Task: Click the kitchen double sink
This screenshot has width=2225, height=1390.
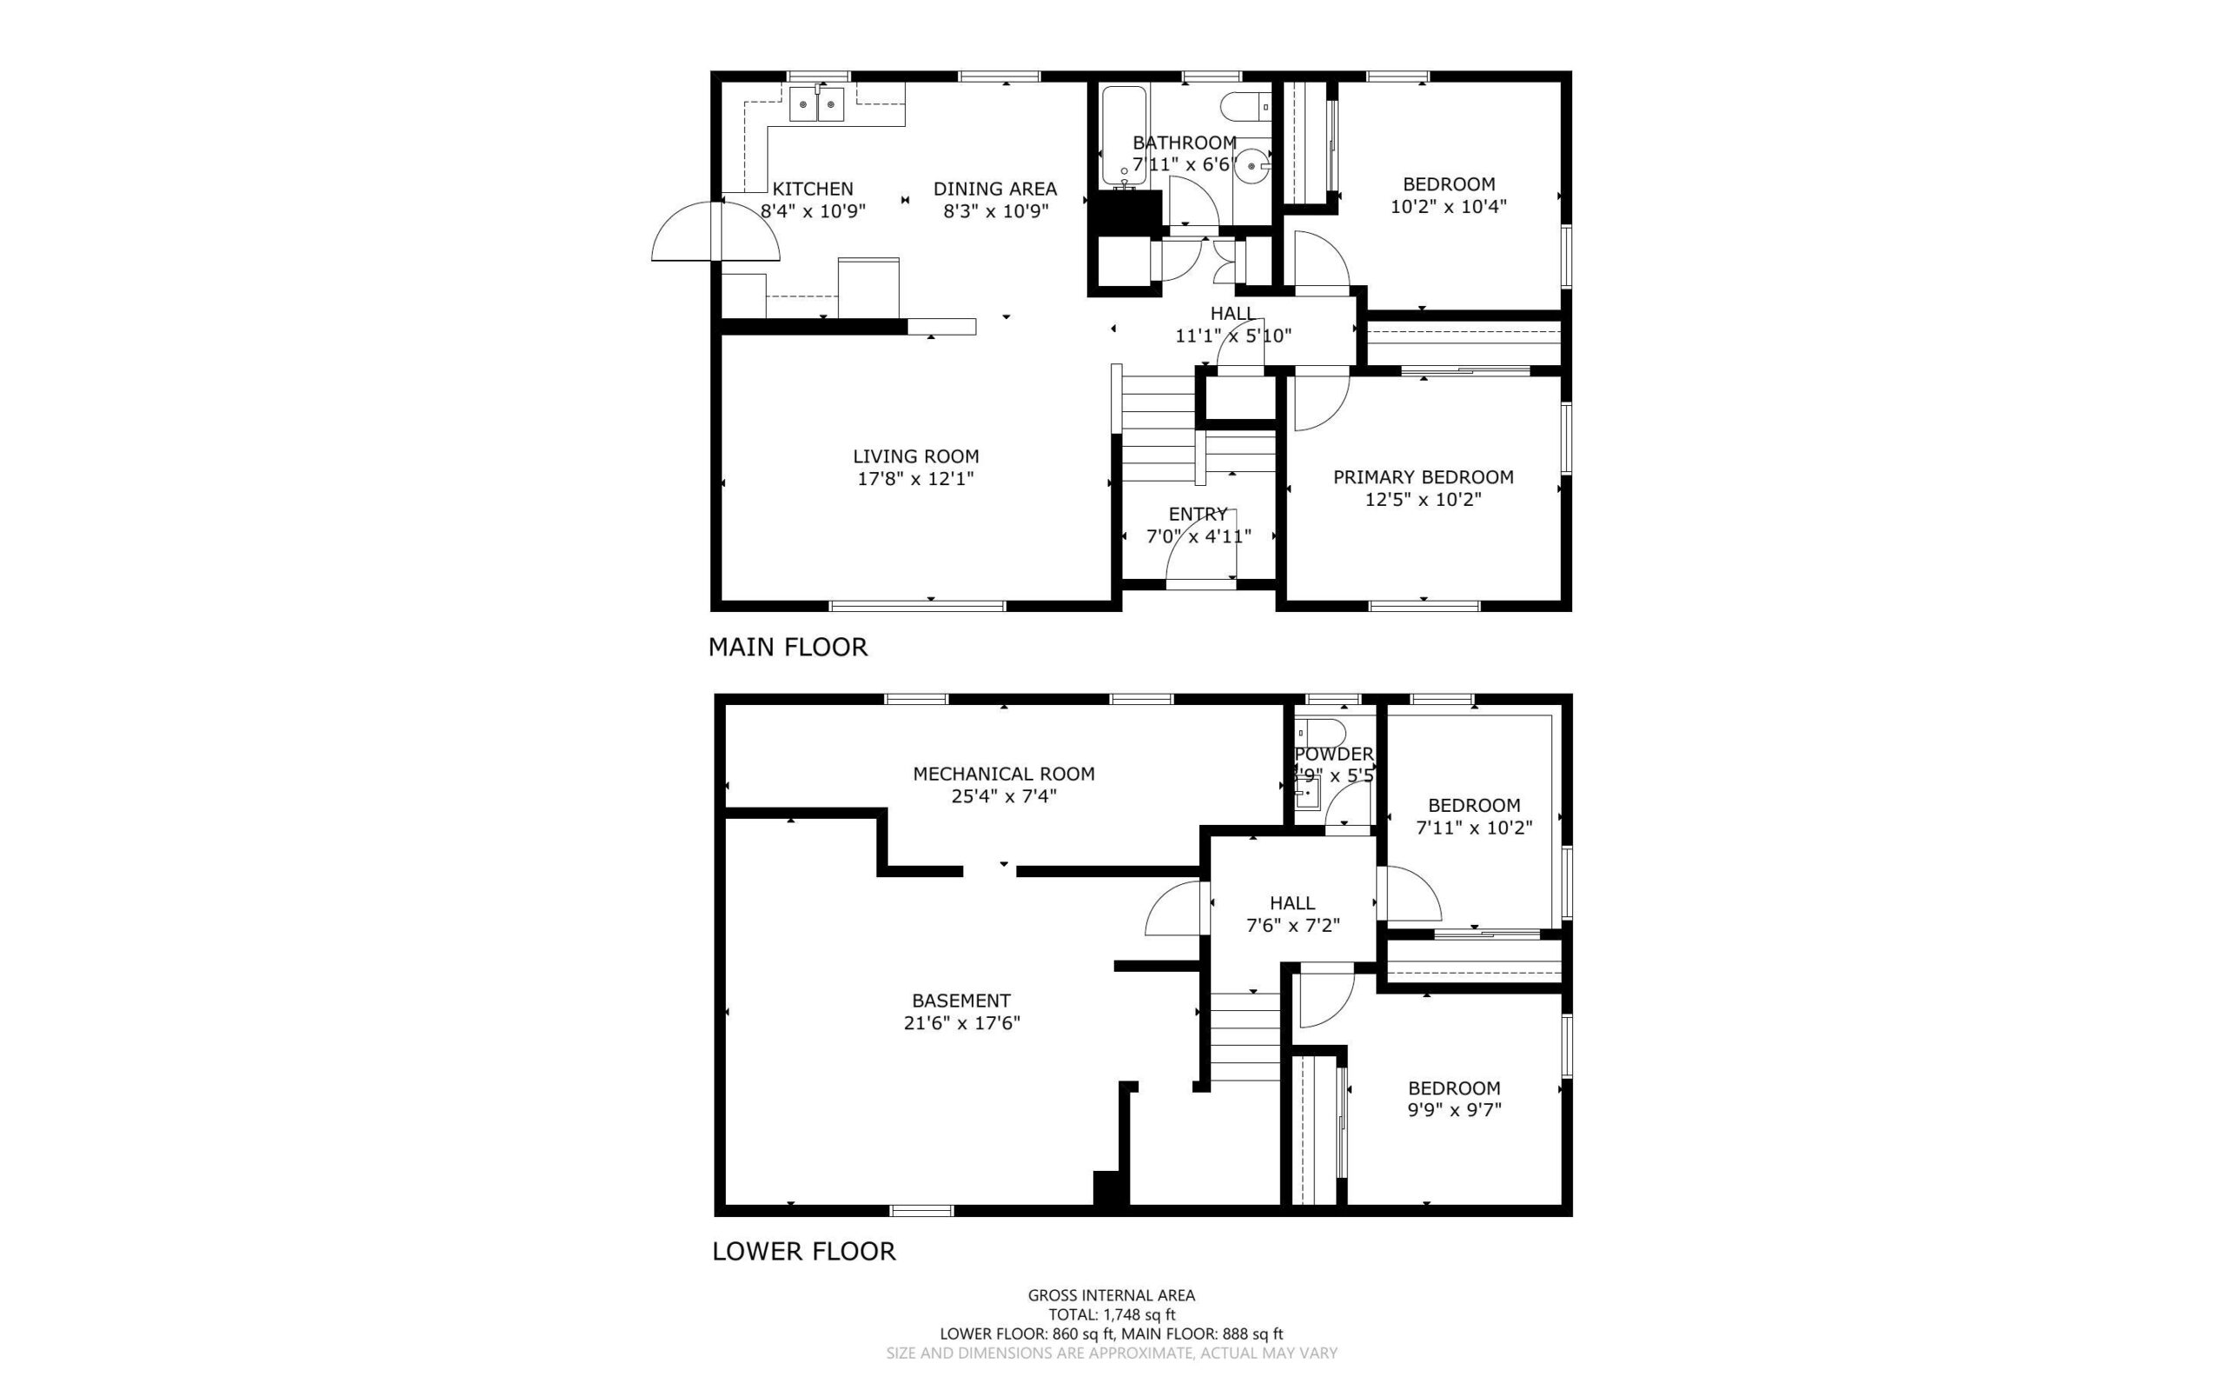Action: pos(174,104)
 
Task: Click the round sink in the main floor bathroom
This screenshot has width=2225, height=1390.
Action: pos(1252,169)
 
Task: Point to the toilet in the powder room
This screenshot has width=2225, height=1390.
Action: pos(1319,733)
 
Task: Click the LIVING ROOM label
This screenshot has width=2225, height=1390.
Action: pos(915,456)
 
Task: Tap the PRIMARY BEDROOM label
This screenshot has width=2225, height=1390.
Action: pos(1423,477)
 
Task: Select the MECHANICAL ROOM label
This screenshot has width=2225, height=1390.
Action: pos(1004,774)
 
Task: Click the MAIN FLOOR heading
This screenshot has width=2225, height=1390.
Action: pos(787,648)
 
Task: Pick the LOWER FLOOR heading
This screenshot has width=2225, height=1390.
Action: pos(803,1251)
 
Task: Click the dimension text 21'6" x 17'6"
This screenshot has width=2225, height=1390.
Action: pos(961,1023)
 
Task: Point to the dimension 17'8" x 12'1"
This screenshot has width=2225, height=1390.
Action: pos(915,478)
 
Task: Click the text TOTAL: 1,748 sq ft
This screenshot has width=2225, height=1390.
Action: pos(1112,1314)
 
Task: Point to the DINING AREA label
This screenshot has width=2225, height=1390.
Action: pos(995,189)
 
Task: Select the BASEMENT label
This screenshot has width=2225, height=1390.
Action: pos(961,1001)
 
